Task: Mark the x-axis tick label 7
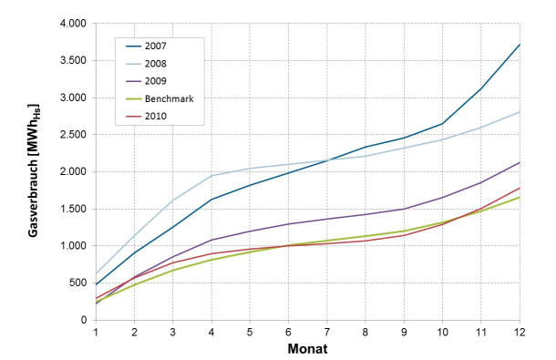point(326,333)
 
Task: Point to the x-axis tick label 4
point(211,333)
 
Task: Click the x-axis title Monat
point(308,348)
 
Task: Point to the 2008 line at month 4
point(211,176)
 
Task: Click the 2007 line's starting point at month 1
point(96,284)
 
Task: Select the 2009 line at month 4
point(211,240)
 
